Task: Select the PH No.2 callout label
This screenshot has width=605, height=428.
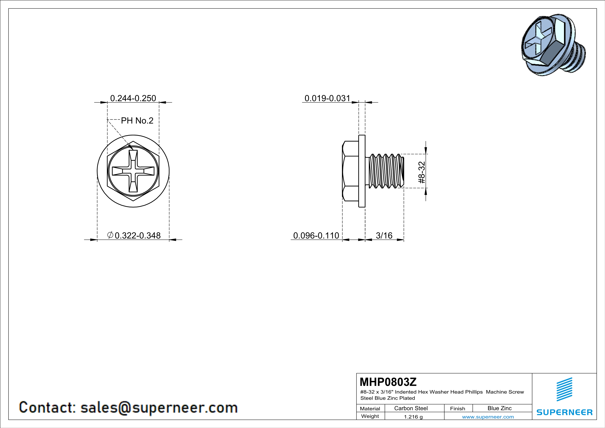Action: (x=137, y=120)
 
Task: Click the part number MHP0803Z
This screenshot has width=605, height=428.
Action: (x=388, y=382)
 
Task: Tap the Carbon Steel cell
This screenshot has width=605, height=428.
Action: (x=411, y=408)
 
